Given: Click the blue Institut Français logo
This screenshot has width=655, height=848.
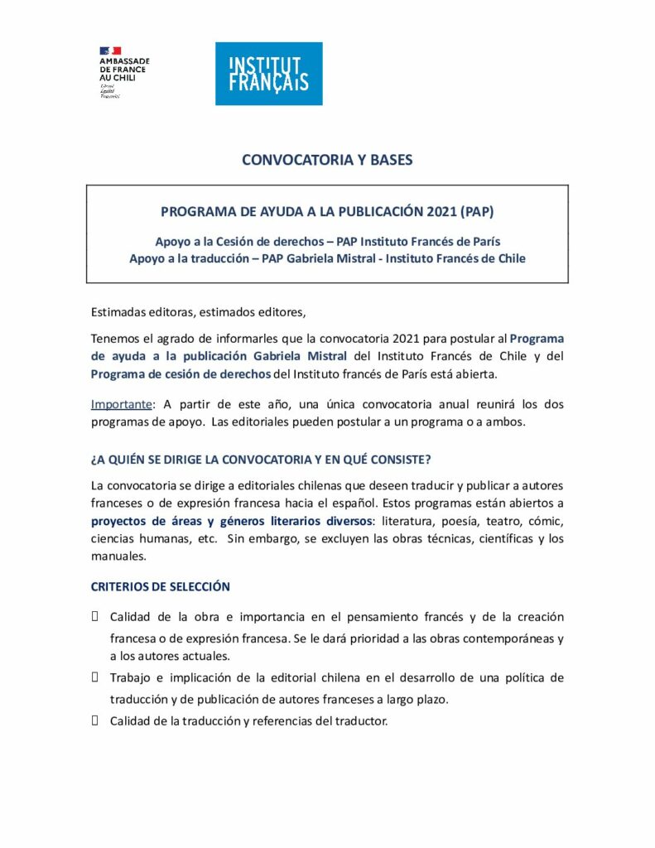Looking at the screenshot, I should coord(268,74).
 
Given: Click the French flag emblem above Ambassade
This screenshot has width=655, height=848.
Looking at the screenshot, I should coord(110,51).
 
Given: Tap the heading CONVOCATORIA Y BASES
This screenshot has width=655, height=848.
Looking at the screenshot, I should coord(327,160).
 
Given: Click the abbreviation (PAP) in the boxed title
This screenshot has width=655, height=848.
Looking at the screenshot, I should coord(479,211).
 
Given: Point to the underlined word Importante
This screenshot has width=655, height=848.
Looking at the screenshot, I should coord(121,404).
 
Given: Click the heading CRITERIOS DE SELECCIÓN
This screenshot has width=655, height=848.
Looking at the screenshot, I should coord(160,586).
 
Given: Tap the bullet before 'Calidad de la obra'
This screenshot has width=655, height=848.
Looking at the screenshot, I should coord(95,616).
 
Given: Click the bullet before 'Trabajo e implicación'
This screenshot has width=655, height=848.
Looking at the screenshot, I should coord(95,677).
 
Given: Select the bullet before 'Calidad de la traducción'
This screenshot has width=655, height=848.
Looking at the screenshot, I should coord(95,720).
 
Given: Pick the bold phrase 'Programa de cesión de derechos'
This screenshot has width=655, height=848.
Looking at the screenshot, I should coord(181,373).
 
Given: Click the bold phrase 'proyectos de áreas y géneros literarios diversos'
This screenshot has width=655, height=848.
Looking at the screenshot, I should coord(231,521).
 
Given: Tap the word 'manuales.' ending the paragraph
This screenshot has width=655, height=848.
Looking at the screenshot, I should coord(118,556).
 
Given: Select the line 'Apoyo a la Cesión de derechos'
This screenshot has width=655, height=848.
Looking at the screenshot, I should coord(327,241).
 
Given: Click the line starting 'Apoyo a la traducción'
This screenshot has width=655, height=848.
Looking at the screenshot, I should coord(327,258).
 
